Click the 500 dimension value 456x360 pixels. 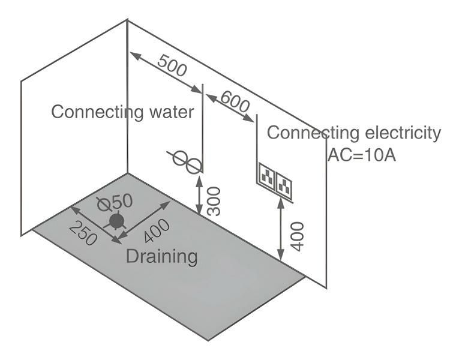tap(173, 64)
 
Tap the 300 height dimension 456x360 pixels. tap(214, 200)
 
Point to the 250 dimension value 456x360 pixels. tap(83, 233)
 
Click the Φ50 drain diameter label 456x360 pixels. tap(115, 202)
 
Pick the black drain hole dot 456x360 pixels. tap(116, 221)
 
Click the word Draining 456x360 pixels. tap(161, 256)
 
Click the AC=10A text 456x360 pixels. tap(361, 154)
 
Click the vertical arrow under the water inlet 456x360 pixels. tap(200, 192)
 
